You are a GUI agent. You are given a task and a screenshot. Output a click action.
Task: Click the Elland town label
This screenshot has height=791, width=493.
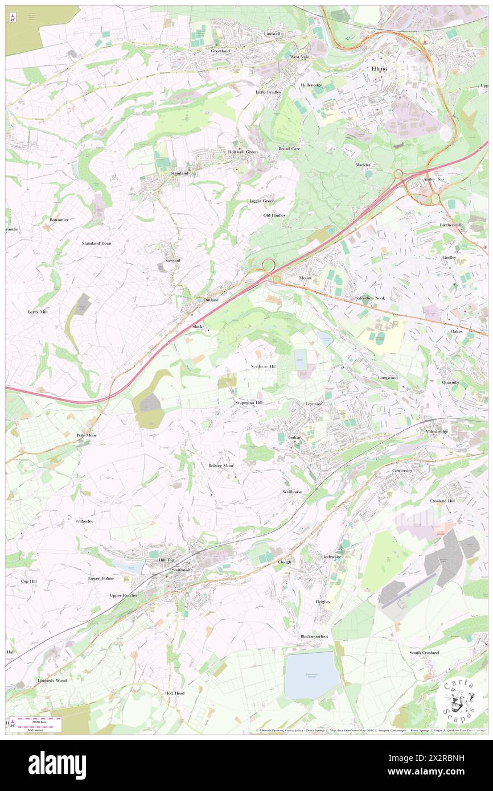pos(379,68)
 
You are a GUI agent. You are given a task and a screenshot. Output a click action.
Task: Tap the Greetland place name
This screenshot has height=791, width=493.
pos(220,51)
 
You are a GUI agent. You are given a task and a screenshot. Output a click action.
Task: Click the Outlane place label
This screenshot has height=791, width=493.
pos(211,299)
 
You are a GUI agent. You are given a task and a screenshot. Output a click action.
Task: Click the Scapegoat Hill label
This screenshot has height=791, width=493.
pos(249,402)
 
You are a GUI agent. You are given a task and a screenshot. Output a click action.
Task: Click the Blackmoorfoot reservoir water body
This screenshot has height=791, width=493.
pos(311,674)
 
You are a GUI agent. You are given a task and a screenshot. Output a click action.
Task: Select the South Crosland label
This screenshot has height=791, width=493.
pos(424,653)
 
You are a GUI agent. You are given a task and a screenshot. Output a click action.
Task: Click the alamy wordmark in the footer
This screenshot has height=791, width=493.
pos(57,765)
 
